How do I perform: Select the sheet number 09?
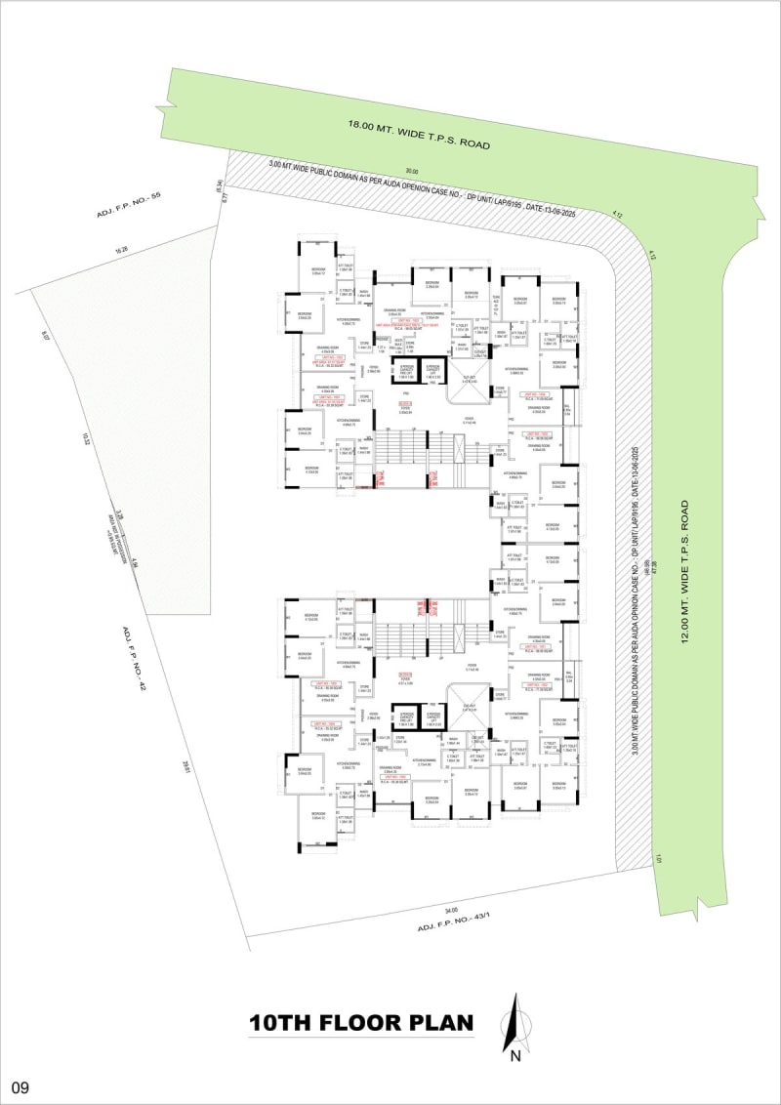point(20,1086)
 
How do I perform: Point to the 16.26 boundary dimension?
point(121,251)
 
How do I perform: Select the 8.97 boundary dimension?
point(45,337)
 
